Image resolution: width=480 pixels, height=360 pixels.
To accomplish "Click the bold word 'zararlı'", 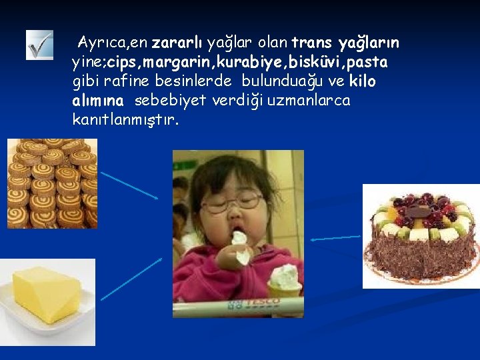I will click(x=177, y=44).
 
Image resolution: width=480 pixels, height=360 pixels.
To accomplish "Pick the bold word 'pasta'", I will click(x=369, y=63).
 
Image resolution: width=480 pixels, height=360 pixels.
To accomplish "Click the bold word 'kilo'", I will click(x=361, y=81).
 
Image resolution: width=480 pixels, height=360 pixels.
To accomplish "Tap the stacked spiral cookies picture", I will click(x=52, y=183).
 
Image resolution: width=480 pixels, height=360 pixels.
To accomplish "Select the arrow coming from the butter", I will click(x=131, y=279).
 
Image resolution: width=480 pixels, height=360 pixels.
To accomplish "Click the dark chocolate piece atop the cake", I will click(x=419, y=211).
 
